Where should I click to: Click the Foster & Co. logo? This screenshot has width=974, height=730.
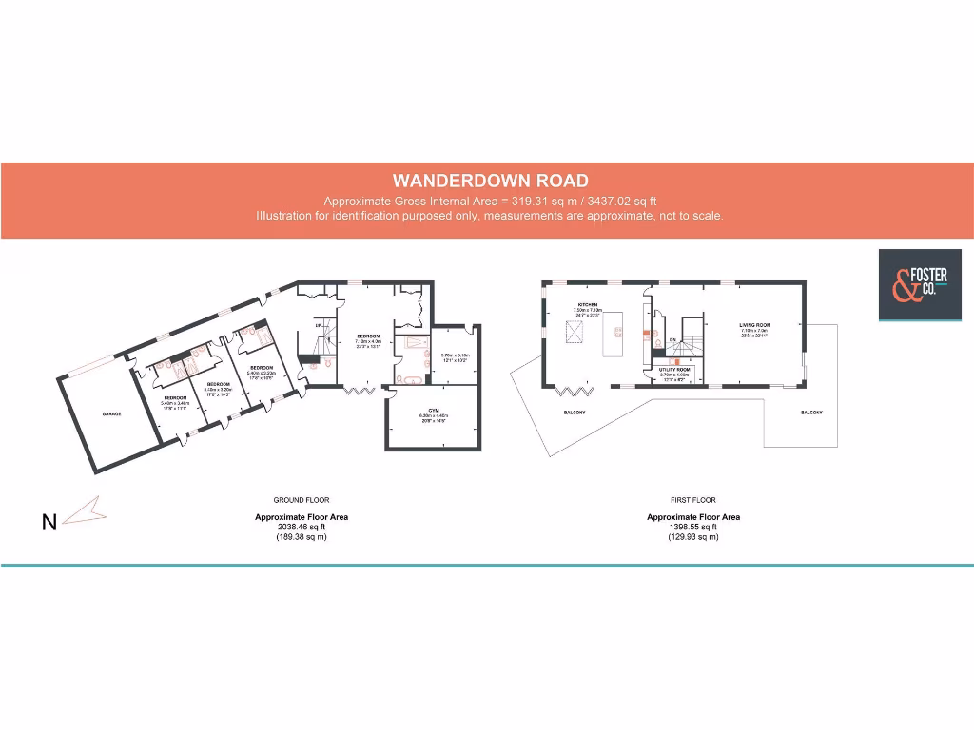(x=913, y=284)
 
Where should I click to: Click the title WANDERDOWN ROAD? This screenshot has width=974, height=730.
(x=491, y=181)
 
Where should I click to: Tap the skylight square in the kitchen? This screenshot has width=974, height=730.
(x=573, y=332)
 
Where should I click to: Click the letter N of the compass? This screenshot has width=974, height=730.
(x=49, y=522)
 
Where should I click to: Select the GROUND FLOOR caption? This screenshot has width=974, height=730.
(x=302, y=500)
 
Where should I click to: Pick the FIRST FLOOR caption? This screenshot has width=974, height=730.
(x=693, y=500)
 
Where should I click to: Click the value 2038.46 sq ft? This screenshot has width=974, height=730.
(x=302, y=528)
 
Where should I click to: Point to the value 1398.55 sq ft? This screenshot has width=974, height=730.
(x=693, y=528)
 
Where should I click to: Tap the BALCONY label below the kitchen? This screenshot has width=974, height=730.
(x=574, y=413)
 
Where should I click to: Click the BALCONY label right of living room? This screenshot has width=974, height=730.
(x=811, y=413)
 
